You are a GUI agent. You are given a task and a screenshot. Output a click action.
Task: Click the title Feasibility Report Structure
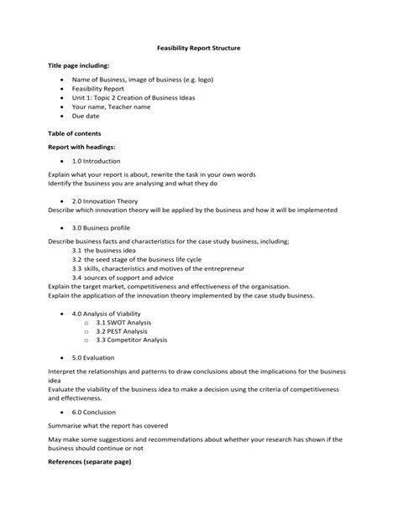[199, 48]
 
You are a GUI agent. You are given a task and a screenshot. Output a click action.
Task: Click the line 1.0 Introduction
[96, 161]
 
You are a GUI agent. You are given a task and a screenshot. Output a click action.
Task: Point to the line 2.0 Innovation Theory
[104, 201]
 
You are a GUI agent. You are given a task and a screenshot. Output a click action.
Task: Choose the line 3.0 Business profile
[101, 227]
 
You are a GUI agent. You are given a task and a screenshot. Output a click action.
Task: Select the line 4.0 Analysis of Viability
[107, 314]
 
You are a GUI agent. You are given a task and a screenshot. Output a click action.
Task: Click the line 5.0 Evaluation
[92, 356]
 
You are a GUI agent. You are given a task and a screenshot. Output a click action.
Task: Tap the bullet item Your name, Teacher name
[111, 107]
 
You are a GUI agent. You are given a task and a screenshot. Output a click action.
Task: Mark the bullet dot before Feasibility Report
[62, 88]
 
